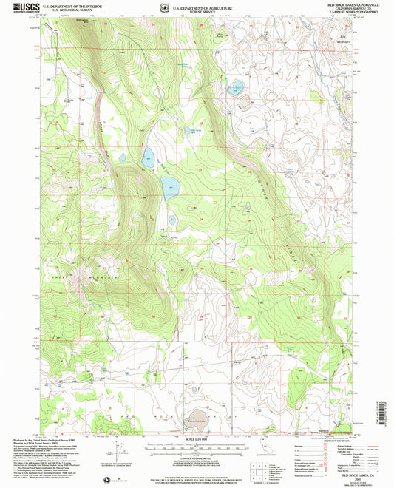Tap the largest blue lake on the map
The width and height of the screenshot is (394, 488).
coord(169,188)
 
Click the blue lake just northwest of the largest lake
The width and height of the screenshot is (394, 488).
coord(148,155)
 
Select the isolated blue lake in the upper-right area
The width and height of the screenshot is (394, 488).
coord(238,88)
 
